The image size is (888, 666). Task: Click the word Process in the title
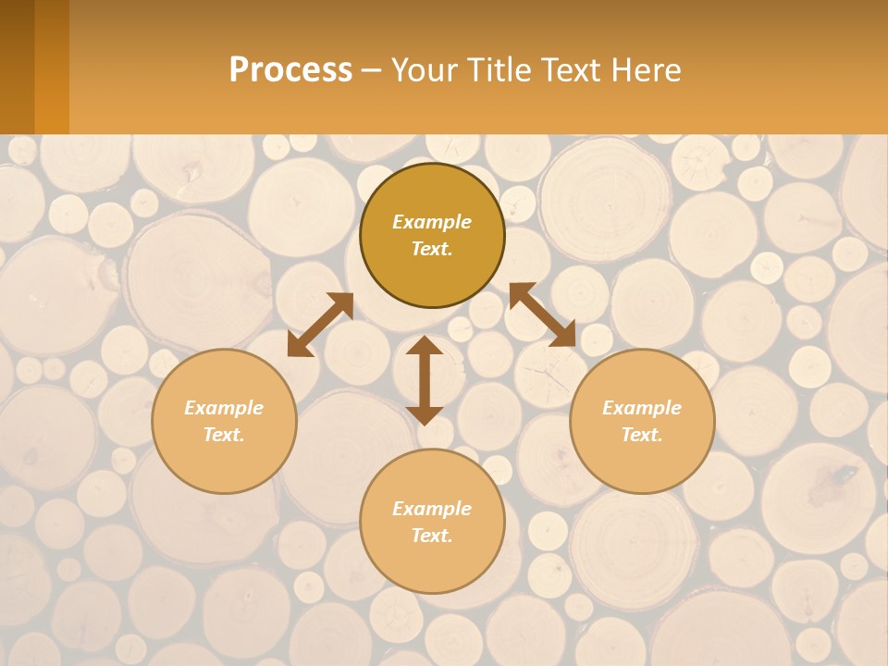(x=290, y=70)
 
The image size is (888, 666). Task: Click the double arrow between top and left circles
(x=320, y=325)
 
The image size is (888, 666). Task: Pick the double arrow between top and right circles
(x=542, y=314)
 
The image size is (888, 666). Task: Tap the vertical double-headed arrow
(x=425, y=380)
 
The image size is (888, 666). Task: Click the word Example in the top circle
(x=432, y=222)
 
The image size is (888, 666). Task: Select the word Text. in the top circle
(x=432, y=249)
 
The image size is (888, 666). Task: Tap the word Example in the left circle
(x=224, y=408)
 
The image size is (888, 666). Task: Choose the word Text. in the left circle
(x=224, y=435)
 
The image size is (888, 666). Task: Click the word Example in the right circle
(x=642, y=408)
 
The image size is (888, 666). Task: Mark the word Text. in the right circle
(x=642, y=435)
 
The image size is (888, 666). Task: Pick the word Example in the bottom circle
(x=432, y=509)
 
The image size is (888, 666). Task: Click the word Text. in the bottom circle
(x=432, y=536)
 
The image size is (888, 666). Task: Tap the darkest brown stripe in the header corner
(x=17, y=67)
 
